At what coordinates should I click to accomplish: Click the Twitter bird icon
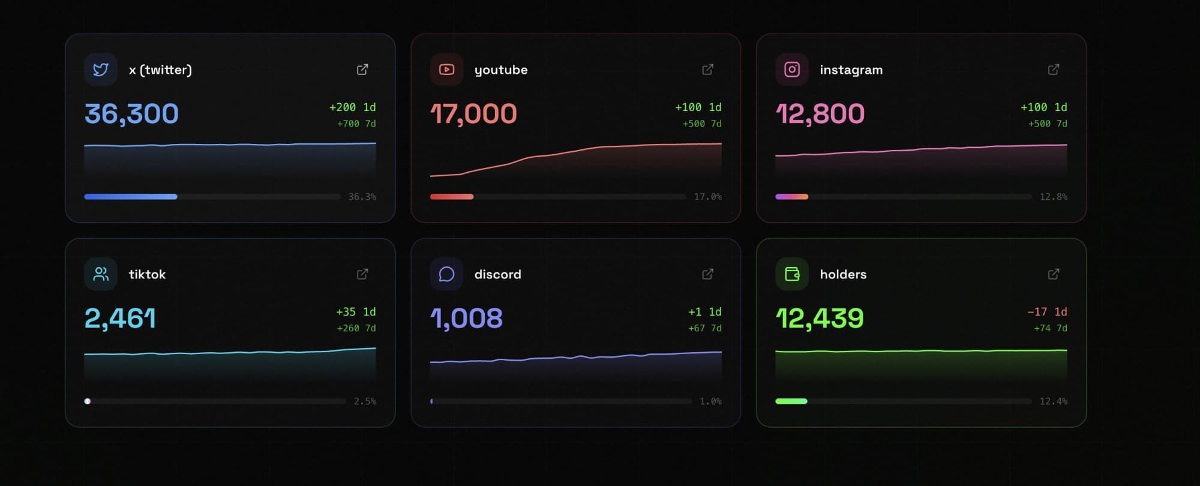click(x=101, y=70)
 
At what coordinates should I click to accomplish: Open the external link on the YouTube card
click(x=707, y=70)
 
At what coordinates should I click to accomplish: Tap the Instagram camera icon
click(x=792, y=70)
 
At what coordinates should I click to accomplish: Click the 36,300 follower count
click(x=131, y=113)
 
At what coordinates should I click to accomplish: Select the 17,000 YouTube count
click(x=473, y=113)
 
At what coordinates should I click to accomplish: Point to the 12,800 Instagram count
click(x=820, y=113)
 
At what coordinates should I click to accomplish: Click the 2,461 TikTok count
click(x=120, y=318)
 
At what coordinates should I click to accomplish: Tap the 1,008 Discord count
click(x=466, y=318)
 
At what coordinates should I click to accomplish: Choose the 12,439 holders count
click(x=820, y=318)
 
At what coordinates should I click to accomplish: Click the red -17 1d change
click(x=1047, y=312)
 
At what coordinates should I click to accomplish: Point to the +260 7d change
click(x=356, y=328)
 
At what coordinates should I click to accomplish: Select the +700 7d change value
click(x=356, y=124)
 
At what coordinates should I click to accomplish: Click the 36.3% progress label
click(x=362, y=197)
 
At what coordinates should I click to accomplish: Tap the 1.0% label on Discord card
click(x=710, y=401)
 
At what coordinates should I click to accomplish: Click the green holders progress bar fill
click(x=791, y=401)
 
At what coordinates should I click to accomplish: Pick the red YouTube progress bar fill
click(x=451, y=197)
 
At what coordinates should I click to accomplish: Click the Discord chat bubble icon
click(x=446, y=274)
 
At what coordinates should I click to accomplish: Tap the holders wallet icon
click(x=792, y=274)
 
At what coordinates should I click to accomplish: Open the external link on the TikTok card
click(x=362, y=274)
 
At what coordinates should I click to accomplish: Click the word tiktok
click(x=147, y=274)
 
